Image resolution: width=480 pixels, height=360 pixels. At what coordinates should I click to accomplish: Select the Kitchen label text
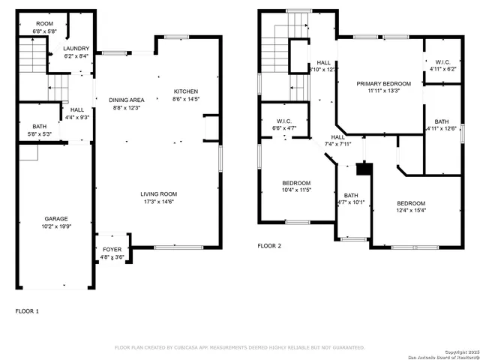point(186,91)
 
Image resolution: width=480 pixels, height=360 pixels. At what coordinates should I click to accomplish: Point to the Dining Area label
point(126,100)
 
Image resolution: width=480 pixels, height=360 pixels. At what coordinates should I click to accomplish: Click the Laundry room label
point(76,48)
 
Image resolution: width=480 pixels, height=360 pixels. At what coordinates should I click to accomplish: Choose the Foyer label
point(112,248)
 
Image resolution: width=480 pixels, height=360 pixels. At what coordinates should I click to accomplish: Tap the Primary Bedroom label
point(383,83)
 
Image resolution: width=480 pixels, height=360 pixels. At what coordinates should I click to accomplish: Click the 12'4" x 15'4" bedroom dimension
point(411,211)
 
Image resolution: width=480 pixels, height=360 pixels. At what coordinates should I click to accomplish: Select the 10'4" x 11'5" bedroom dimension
point(296,190)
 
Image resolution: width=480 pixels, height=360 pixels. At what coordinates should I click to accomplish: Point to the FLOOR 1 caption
point(27,310)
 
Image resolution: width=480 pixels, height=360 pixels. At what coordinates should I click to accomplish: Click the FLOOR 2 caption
point(269,245)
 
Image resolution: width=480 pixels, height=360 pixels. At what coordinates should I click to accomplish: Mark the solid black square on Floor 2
point(364,169)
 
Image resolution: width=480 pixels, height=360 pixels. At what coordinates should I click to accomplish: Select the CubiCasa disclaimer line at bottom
point(239,347)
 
